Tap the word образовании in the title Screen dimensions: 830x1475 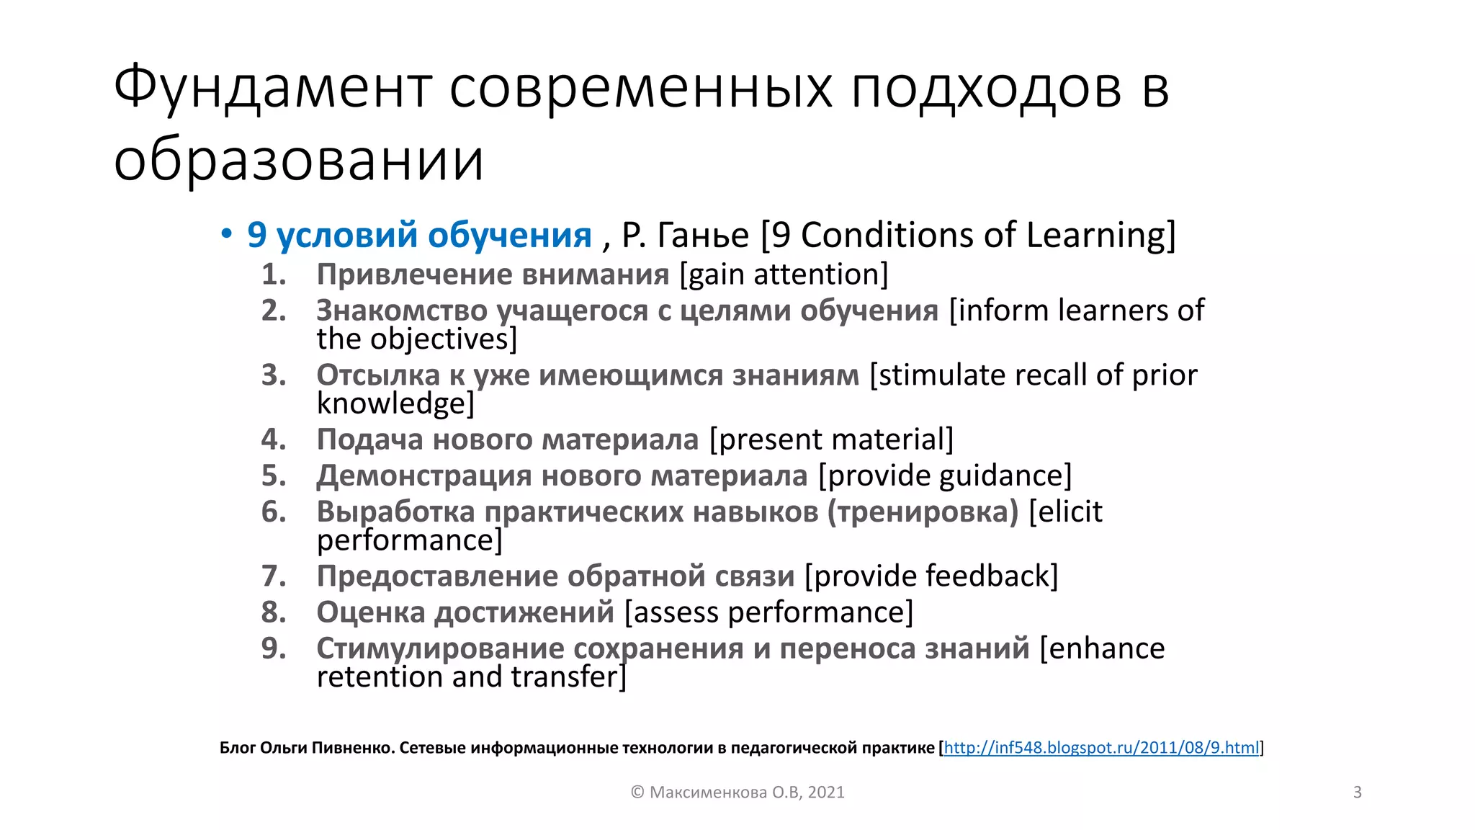pyautogui.click(x=298, y=160)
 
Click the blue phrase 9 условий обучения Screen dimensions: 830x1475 pyautogui.click(x=419, y=235)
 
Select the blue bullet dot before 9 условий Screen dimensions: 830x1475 pyautogui.click(x=227, y=234)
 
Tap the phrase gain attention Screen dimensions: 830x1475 pyautogui.click(x=784, y=275)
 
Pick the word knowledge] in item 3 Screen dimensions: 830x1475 pyautogui.click(x=395, y=403)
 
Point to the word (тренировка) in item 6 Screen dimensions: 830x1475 pyautogui.click(x=923, y=512)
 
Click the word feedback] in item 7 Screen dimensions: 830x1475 pyautogui.click(x=992, y=576)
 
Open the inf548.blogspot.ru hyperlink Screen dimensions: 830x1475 pyautogui.click(x=1101, y=748)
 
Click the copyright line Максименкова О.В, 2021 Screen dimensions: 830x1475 pyautogui.click(x=737, y=793)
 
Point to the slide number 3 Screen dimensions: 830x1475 pyautogui.click(x=1358, y=793)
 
